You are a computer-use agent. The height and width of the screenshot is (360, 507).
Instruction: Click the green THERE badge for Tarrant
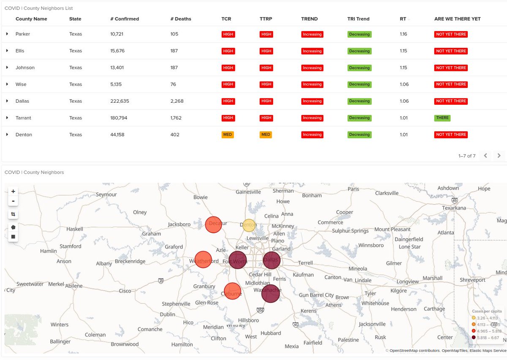[442, 118]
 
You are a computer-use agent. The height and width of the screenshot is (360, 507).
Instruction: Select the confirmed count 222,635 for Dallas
[122, 101]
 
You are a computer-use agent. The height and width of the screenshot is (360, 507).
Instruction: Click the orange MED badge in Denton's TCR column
[227, 135]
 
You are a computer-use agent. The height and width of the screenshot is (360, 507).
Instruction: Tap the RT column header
[403, 19]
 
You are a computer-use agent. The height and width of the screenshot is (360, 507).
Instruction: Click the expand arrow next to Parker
[7, 34]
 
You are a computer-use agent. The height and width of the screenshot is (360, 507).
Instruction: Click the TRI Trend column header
[358, 19]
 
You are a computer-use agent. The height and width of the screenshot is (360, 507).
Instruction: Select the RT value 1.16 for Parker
[404, 34]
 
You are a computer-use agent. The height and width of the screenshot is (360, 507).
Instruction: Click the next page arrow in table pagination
[499, 155]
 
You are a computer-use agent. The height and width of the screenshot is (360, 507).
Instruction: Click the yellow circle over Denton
[249, 225]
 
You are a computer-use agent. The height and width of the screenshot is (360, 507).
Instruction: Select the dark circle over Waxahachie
[270, 294]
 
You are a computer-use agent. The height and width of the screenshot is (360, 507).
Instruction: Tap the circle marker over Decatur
[213, 224]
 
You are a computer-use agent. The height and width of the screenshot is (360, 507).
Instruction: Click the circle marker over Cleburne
[232, 291]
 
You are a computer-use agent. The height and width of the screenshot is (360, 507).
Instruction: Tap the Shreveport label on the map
[473, 280]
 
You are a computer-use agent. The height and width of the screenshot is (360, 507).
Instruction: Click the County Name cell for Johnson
[25, 68]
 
